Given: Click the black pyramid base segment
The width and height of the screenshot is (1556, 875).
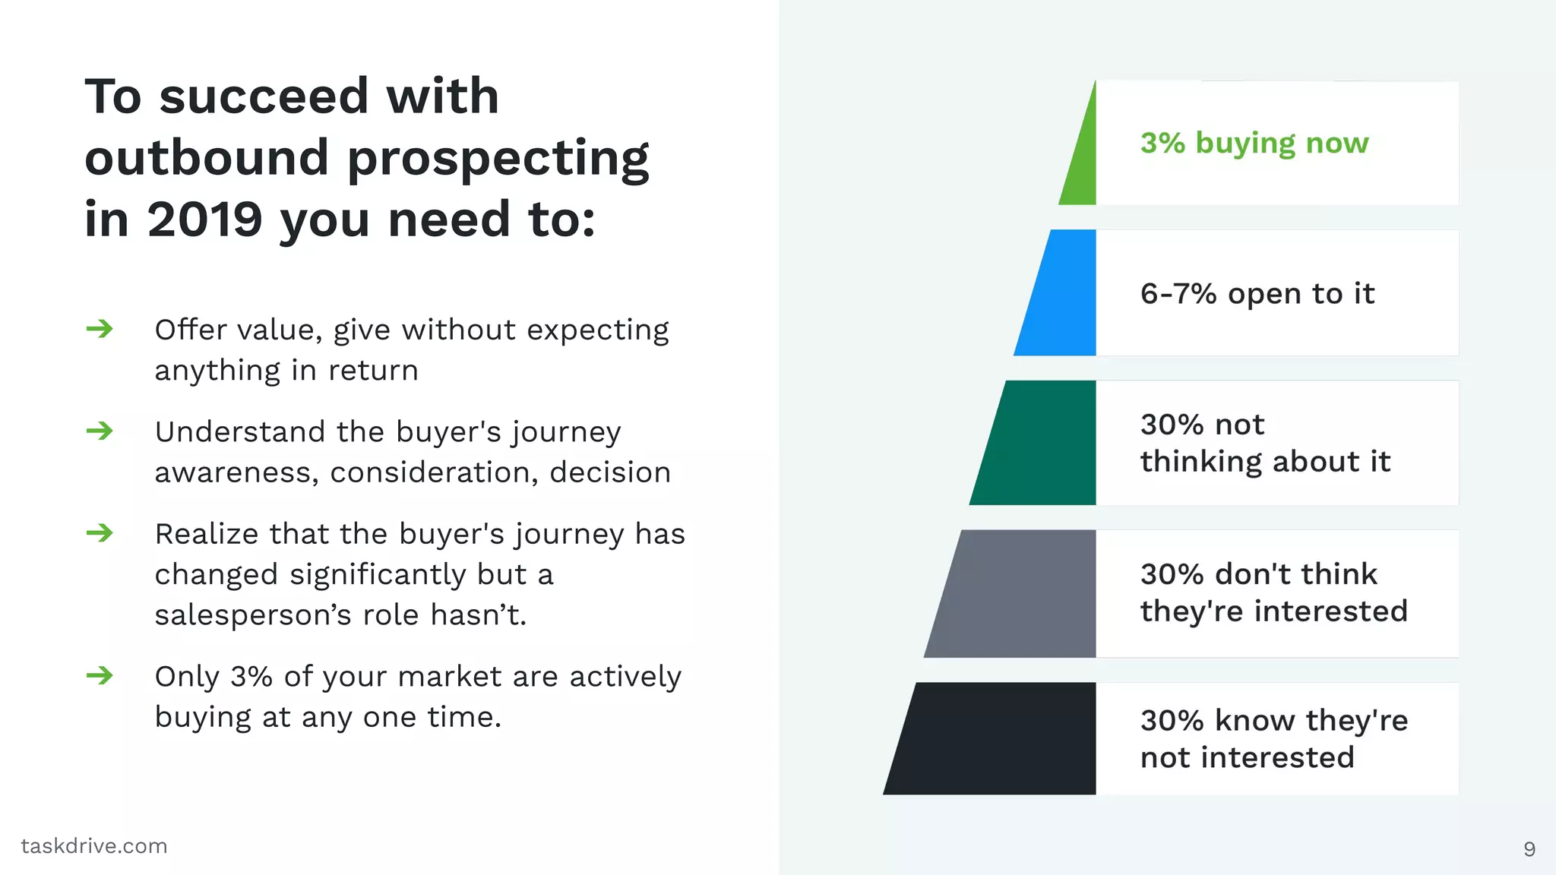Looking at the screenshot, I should coord(995,738).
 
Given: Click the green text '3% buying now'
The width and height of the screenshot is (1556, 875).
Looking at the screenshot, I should coord(1254,143).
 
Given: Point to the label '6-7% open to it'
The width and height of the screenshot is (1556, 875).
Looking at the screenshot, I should coord(1257,294).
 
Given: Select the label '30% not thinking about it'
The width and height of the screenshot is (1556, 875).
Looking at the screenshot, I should coord(1265,443).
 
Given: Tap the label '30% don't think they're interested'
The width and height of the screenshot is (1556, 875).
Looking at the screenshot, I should coord(1274,592).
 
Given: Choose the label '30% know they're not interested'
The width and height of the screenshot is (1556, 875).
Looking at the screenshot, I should coord(1274,738).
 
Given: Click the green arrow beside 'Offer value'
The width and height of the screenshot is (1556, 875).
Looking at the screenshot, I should coord(100,329).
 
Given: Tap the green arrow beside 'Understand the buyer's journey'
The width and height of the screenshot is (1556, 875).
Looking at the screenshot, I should coord(100,431).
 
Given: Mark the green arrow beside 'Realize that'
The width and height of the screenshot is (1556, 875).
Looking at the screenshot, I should coord(100,532).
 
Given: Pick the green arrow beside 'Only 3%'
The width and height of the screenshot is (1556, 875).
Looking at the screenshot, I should coord(100,675).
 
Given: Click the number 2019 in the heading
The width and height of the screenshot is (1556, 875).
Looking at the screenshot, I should coord(204,220).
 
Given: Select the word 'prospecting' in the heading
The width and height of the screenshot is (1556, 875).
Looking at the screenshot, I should coord(498,160).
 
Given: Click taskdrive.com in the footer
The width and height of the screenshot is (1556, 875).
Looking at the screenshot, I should coord(94,846).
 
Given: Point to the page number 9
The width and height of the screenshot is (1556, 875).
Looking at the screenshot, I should coord(1529,849).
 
